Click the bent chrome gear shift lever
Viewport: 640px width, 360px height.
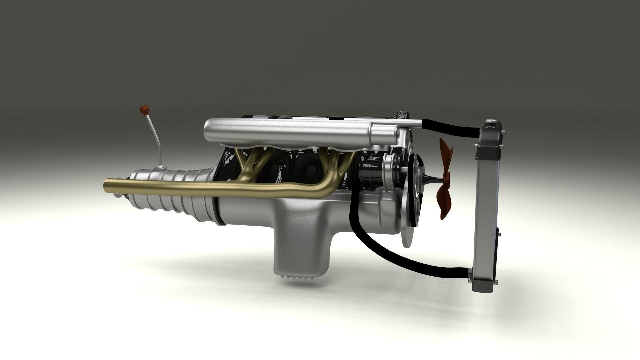point(154,140)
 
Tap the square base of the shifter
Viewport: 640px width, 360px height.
point(161,167)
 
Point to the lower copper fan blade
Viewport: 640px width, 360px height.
point(445,203)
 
